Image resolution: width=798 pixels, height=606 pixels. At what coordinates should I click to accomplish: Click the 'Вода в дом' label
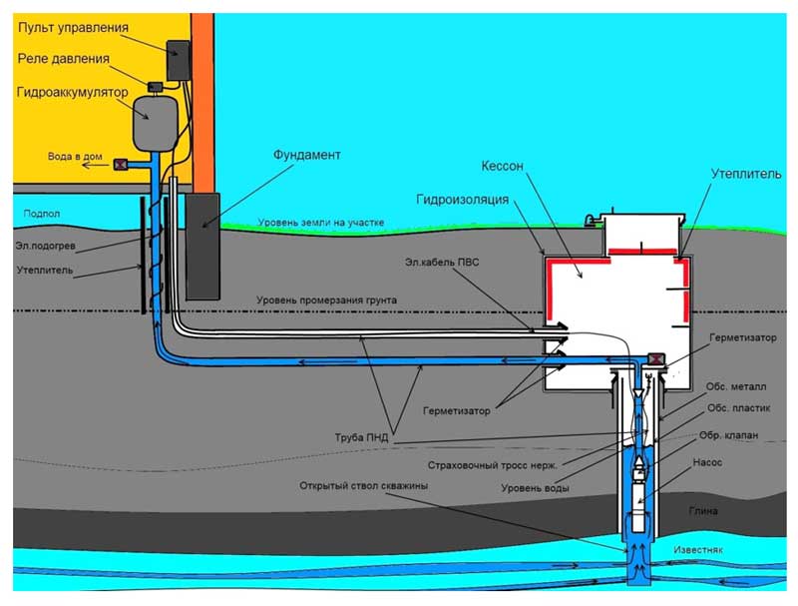[x=74, y=158]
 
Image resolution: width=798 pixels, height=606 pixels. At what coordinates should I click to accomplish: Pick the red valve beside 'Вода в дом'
[x=121, y=165]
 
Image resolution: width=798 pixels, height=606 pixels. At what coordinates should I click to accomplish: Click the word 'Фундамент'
[x=307, y=156]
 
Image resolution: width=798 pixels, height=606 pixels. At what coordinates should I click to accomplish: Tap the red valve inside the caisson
[x=657, y=360]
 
